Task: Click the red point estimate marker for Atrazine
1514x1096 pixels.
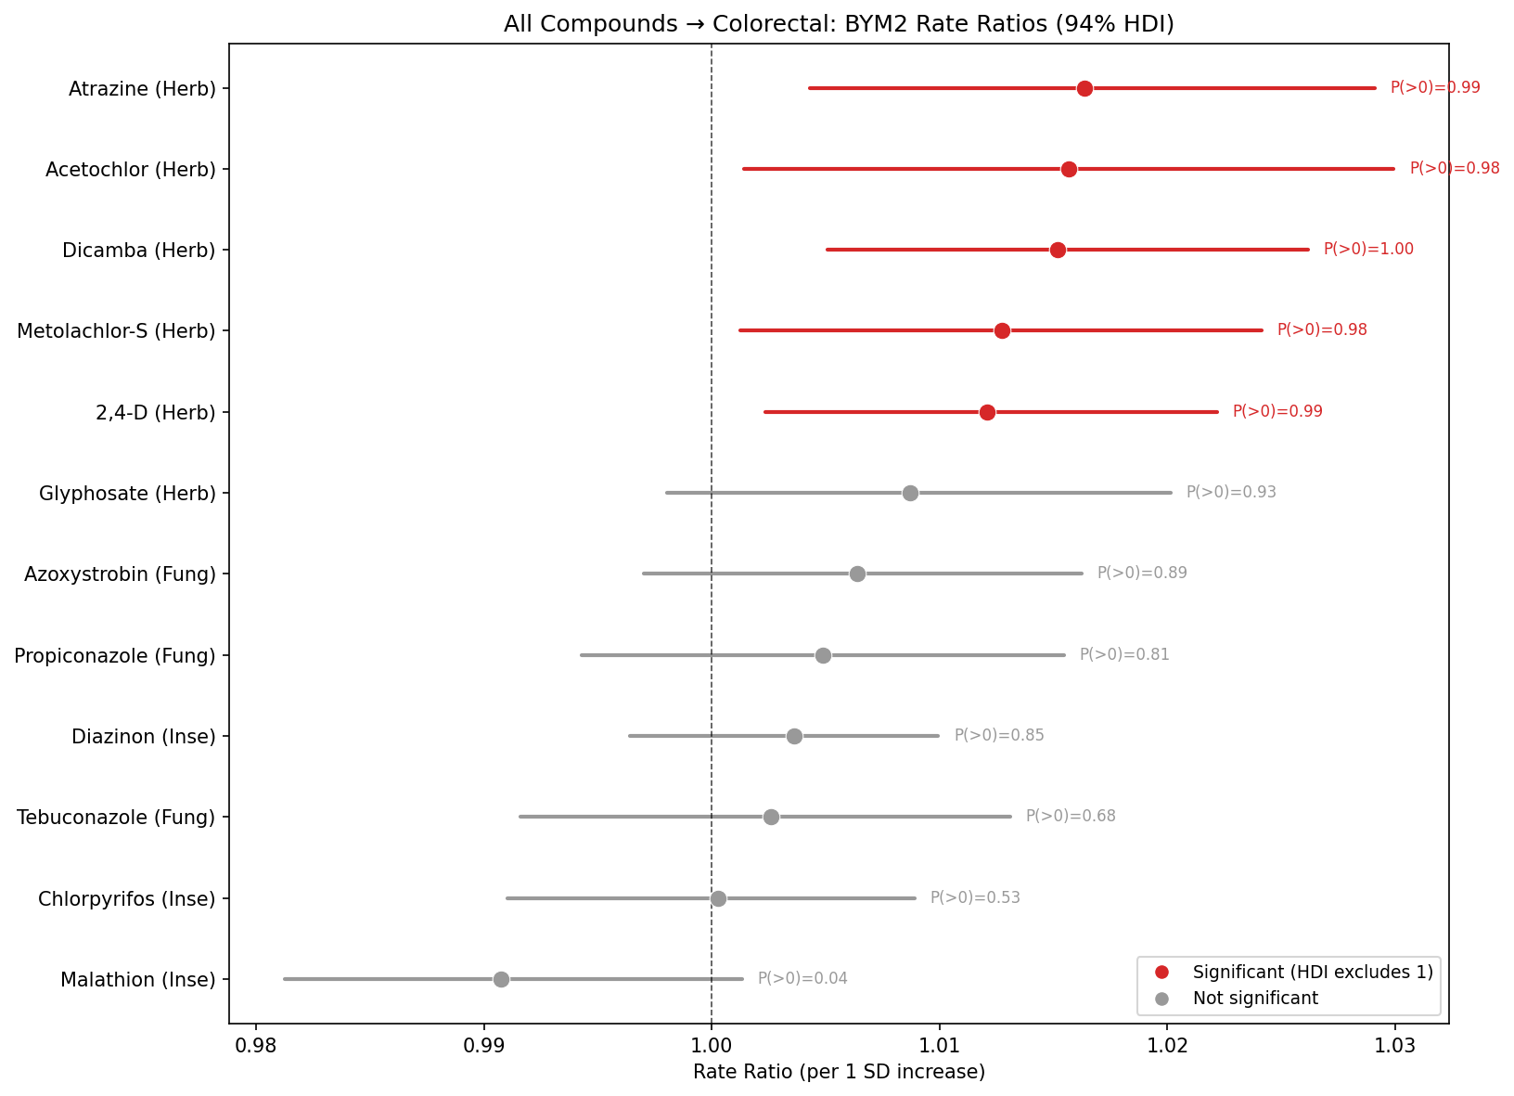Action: (1084, 88)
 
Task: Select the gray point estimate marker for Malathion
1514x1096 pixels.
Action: (501, 979)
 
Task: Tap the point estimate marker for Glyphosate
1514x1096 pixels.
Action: (910, 493)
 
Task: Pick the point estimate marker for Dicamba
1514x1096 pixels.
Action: (1058, 250)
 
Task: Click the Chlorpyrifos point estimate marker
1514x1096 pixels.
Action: (718, 898)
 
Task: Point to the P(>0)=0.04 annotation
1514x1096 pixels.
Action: (802, 978)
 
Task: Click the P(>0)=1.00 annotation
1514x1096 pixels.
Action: (1368, 249)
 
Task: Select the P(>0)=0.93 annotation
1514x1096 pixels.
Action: (1231, 492)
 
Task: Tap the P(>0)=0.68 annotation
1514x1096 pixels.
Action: (1071, 816)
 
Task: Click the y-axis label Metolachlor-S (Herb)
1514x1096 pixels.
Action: (116, 330)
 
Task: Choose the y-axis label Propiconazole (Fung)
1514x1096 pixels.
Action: (115, 656)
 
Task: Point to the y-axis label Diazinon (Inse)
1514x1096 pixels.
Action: (144, 737)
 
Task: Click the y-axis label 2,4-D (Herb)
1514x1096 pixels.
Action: (156, 412)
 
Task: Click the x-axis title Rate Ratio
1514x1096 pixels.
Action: (839, 1072)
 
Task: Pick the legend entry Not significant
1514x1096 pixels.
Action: (1255, 999)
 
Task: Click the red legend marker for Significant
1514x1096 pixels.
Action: (1161, 972)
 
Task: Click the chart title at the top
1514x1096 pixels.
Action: (839, 24)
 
